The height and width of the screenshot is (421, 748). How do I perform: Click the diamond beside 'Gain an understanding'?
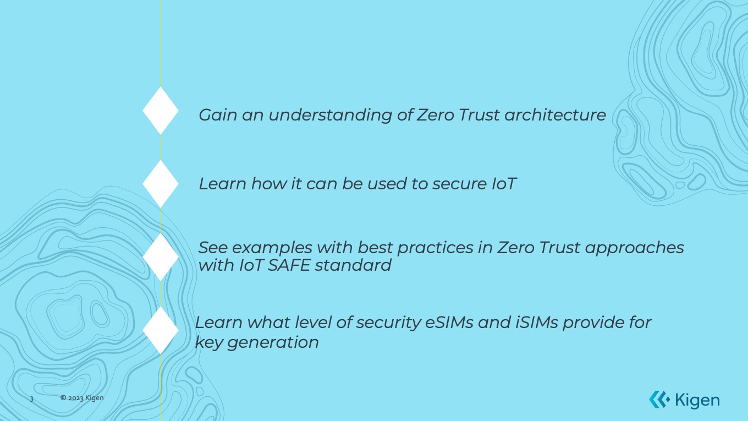pyautogui.click(x=161, y=111)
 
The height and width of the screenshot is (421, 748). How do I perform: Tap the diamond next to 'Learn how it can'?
pyautogui.click(x=161, y=184)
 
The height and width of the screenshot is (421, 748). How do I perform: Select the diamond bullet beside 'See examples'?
pyautogui.click(x=161, y=257)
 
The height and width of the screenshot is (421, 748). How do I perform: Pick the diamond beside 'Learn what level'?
pyautogui.click(x=161, y=330)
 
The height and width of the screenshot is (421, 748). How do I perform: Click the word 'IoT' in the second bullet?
pyautogui.click(x=504, y=184)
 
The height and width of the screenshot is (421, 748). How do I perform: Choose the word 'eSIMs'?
pyautogui.click(x=449, y=322)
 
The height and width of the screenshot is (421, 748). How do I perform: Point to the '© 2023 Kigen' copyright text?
pyautogui.click(x=82, y=398)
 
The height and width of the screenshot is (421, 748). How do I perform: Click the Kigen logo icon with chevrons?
pyautogui.click(x=658, y=400)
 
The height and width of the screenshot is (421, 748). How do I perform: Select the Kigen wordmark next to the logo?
pyautogui.click(x=697, y=400)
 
